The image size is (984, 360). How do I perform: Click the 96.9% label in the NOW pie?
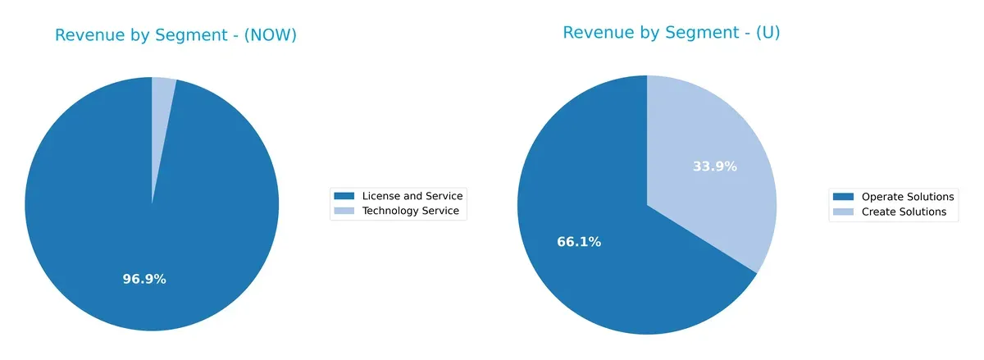coord(144,279)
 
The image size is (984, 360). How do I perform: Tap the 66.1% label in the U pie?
coord(579,242)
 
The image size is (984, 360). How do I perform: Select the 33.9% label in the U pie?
coord(714,166)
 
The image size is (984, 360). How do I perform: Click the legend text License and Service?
coord(412,196)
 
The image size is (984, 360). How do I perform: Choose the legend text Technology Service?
coord(410,212)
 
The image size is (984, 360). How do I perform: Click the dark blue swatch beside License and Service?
coord(344,196)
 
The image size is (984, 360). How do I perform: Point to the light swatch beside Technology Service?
coord(344,212)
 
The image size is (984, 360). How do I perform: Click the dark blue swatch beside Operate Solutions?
coord(843,197)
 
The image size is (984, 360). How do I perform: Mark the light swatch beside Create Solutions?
coord(843,212)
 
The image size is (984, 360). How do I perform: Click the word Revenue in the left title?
coord(89,35)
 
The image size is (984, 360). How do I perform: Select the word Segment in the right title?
coord(686,33)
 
